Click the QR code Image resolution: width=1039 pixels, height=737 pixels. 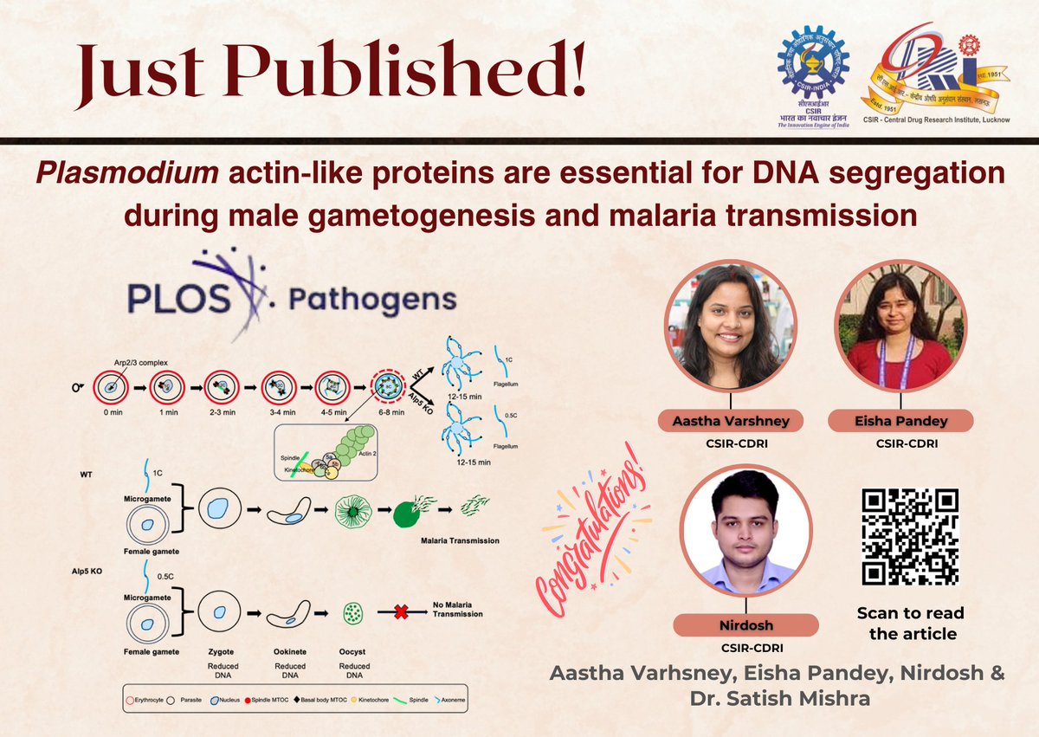pyautogui.click(x=911, y=537)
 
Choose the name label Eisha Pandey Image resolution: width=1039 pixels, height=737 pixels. pyautogui.click(x=900, y=422)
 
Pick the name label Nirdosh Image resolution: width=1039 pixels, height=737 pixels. pyautogui.click(x=745, y=624)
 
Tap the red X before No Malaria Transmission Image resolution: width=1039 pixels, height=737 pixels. pyautogui.click(x=401, y=612)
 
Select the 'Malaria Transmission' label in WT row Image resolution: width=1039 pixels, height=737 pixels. pyautogui.click(x=459, y=540)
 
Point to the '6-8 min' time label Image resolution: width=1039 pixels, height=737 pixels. pyautogui.click(x=388, y=413)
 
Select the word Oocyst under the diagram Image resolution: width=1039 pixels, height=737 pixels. pyautogui.click(x=354, y=651)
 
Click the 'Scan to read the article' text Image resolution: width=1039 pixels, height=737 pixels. pyautogui.click(x=910, y=623)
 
